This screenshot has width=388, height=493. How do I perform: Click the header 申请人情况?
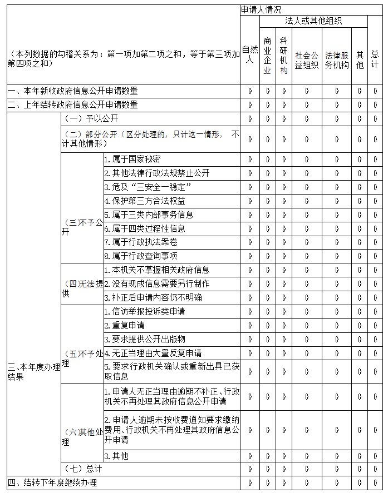tap(261, 10)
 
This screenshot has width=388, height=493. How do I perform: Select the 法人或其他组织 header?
tap(313, 21)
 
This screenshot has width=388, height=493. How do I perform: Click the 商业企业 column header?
tap(267, 55)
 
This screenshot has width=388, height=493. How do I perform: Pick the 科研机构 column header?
tap(284, 55)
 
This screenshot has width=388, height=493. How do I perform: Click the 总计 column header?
tap(375, 55)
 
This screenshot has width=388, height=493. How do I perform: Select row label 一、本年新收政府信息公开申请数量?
tap(72, 91)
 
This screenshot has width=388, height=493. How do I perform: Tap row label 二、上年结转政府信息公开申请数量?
tap(72, 104)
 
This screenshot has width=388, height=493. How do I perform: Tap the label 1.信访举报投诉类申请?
tap(145, 311)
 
